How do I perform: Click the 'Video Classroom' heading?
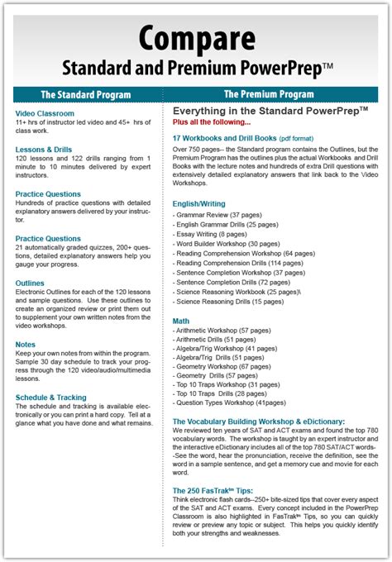[45, 113]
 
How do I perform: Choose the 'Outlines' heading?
[30, 283]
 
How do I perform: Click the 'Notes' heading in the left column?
[25, 344]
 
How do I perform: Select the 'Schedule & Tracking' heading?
[51, 397]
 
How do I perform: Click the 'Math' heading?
[180, 320]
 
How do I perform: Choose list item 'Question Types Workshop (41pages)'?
[231, 402]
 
